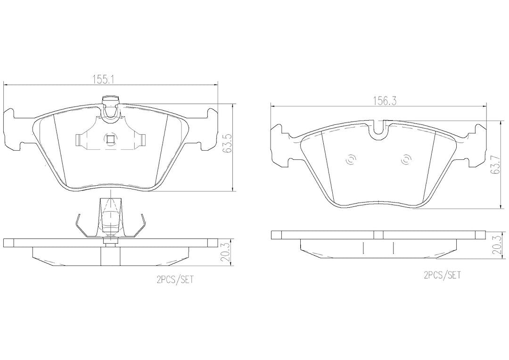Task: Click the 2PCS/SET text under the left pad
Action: click(x=175, y=280)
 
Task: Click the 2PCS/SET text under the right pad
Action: click(x=442, y=275)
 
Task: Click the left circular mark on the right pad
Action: click(x=351, y=160)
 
